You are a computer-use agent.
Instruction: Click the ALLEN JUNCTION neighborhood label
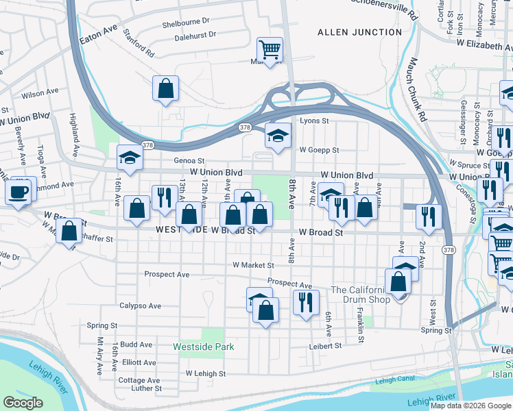click(x=359, y=32)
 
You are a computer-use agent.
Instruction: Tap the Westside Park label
click(x=204, y=347)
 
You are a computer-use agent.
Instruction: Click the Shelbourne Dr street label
click(x=190, y=23)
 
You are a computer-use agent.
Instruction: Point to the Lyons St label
click(x=315, y=121)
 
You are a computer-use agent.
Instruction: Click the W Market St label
click(x=253, y=264)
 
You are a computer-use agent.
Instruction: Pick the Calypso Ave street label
click(x=140, y=306)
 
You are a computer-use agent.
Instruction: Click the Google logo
click(x=23, y=403)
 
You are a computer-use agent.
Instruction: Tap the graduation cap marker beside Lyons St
click(x=278, y=134)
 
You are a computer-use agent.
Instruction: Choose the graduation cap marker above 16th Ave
click(x=129, y=158)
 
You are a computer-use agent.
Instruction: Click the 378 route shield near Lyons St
click(x=245, y=127)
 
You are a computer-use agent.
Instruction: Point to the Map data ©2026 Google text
click(x=470, y=406)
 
